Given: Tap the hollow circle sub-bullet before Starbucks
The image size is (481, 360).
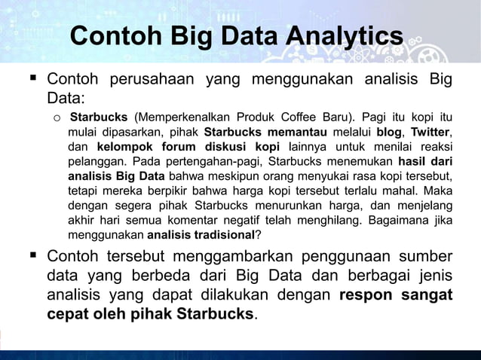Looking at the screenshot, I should (57, 117).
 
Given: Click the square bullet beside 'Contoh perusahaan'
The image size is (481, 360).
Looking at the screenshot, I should (32, 79).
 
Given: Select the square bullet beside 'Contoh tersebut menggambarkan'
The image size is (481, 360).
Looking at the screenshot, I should (32, 255).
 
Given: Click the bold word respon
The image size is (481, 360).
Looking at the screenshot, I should (365, 294).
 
